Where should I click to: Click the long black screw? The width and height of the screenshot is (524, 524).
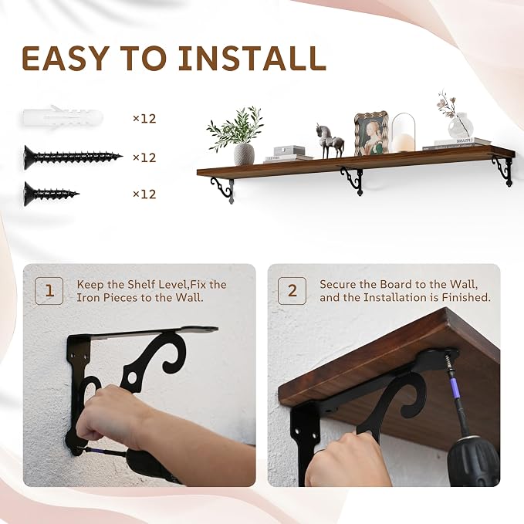click(x=73, y=157)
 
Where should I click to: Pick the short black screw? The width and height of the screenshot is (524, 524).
click(x=52, y=194)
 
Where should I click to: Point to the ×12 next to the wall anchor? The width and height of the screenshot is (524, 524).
click(x=144, y=119)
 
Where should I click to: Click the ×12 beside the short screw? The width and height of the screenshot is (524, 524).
click(x=144, y=194)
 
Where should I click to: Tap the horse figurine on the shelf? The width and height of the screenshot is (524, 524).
click(x=330, y=141)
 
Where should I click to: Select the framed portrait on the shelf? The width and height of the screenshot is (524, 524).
click(x=371, y=133)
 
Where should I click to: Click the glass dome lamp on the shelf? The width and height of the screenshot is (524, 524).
click(x=404, y=132)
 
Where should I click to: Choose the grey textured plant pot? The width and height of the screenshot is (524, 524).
click(x=244, y=154)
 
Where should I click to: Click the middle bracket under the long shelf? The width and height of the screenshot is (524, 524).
click(x=352, y=180)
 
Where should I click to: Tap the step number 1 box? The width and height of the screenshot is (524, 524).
click(x=49, y=291)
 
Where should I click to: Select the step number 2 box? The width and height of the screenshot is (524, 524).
click(x=292, y=291)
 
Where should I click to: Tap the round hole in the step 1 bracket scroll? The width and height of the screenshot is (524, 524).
click(x=132, y=379)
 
